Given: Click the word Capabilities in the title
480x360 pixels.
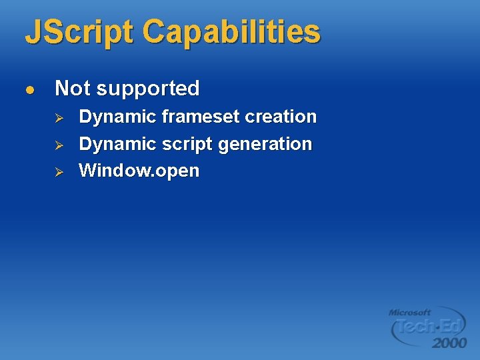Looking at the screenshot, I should (x=231, y=32).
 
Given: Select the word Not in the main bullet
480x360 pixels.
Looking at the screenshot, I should (x=71, y=88).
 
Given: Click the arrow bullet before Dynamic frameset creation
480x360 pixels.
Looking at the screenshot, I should (x=58, y=117).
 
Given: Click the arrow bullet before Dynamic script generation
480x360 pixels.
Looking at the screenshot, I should (x=58, y=145).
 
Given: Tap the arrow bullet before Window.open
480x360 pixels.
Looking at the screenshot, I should (x=58, y=171).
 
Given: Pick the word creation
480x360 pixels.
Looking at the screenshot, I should (x=281, y=117).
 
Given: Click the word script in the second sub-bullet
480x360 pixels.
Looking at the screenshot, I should (x=188, y=145).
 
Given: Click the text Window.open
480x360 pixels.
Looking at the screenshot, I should (x=139, y=171).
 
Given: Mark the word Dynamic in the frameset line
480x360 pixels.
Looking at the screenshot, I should (x=117, y=117).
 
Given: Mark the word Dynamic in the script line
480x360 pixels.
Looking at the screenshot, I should (x=117, y=145).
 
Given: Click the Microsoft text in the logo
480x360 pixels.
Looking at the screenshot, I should (x=409, y=312).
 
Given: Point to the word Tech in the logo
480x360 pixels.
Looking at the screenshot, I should (x=413, y=327).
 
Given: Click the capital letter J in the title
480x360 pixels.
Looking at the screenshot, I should (x=32, y=32).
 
